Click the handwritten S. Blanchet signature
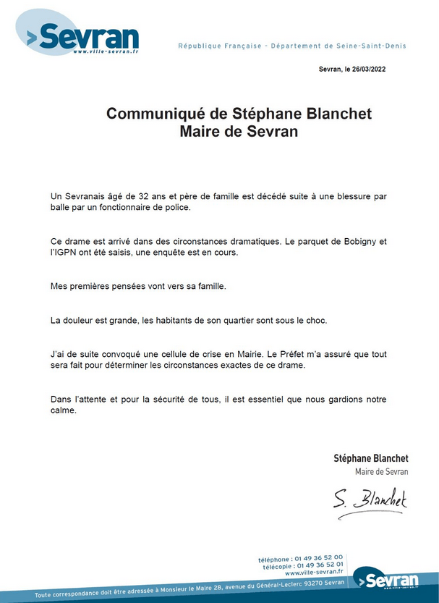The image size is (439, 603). point(370,499)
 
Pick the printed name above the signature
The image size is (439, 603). point(371,458)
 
